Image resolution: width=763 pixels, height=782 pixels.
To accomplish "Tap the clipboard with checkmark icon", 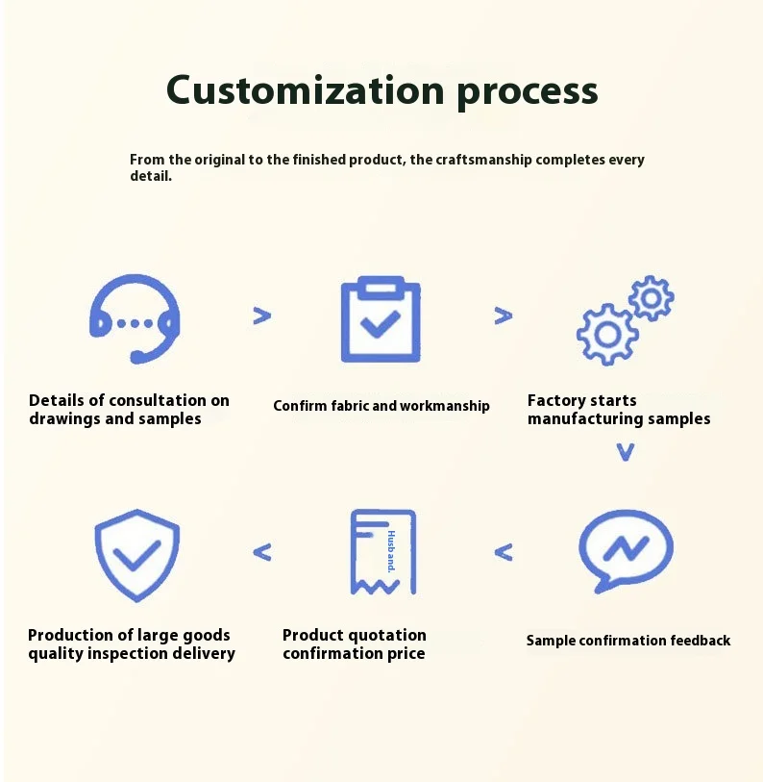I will tap(381, 319).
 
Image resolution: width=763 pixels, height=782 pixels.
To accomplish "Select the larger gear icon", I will tap(606, 333).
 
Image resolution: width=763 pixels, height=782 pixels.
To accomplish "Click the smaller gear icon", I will tap(652, 298).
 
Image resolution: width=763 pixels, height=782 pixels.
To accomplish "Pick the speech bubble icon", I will tap(626, 550).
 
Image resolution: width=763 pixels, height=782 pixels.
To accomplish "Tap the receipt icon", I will tap(381, 551).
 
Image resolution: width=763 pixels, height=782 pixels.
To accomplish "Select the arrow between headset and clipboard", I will tap(261, 315).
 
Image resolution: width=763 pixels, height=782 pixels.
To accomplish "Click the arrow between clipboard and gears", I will tap(503, 315).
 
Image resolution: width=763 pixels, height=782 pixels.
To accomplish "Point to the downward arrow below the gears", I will tap(626, 452).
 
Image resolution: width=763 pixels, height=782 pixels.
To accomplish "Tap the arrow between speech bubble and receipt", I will tap(504, 552).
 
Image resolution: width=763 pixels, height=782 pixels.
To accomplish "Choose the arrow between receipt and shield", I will tap(261, 552).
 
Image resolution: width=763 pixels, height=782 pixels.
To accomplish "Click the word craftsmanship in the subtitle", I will tap(483, 160).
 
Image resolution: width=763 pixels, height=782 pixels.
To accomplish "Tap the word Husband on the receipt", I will tap(391, 551).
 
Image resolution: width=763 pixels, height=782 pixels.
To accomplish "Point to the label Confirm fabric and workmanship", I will tap(381, 406).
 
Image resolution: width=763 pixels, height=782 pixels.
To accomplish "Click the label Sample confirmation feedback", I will tap(628, 641).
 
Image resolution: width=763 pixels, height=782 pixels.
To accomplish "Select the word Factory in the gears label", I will tap(555, 400).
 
